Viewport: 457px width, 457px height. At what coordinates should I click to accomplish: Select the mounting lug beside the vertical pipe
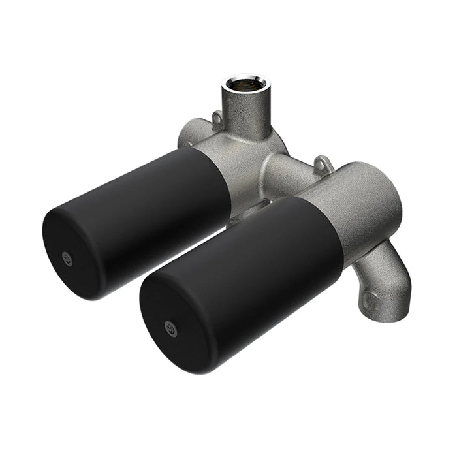(216, 119)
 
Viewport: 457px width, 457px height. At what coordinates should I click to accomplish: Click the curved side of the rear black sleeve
(157, 189)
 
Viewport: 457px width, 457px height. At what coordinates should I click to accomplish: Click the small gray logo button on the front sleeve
(172, 328)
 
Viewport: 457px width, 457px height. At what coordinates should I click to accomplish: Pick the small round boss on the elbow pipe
(370, 300)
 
